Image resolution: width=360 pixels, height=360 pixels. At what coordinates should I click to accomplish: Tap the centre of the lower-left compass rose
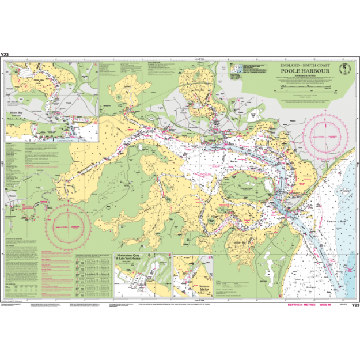coord(68,226)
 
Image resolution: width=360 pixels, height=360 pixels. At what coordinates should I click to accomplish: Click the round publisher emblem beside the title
coord(344,69)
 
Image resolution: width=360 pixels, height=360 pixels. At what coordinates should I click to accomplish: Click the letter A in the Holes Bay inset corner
coord(10,66)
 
